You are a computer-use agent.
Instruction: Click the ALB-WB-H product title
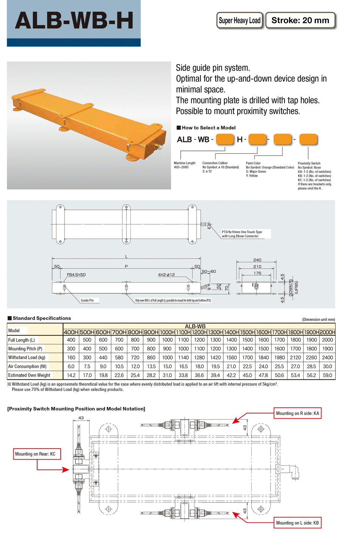click(74, 20)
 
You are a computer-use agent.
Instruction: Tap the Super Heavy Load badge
click(239, 20)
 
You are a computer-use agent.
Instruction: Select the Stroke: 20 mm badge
click(300, 20)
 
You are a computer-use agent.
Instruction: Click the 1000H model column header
click(167, 332)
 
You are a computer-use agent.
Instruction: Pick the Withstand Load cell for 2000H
click(327, 357)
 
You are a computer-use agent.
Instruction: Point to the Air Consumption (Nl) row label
click(27, 366)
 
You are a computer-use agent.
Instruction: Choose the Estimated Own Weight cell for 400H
click(71, 375)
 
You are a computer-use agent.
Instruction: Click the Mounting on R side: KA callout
click(297, 413)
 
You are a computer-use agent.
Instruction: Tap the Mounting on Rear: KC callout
click(35, 454)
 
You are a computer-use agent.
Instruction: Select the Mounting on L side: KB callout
click(297, 523)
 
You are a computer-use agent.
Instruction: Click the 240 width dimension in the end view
click(257, 260)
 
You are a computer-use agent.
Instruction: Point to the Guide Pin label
click(87, 300)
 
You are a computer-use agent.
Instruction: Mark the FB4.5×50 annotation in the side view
click(76, 275)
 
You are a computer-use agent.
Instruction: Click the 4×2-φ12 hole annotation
click(166, 275)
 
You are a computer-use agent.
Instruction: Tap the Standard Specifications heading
click(42, 318)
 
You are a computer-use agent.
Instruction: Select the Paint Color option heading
click(253, 163)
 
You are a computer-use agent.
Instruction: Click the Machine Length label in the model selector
click(185, 163)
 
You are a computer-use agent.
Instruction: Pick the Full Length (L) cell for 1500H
click(247, 340)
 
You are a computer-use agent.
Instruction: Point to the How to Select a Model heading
click(208, 128)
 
